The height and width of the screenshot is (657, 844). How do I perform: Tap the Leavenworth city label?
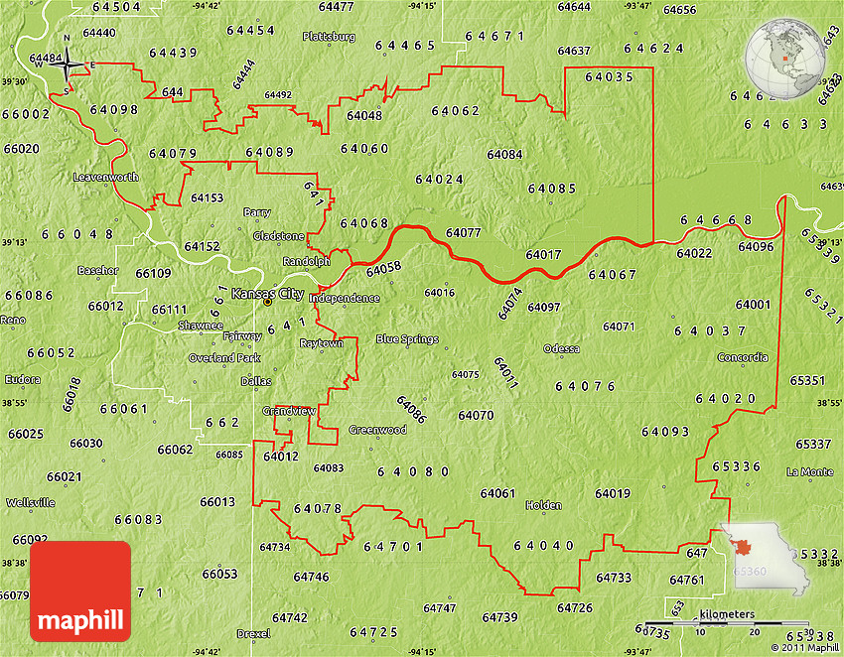106,177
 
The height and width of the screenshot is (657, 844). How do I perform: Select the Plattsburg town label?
329,36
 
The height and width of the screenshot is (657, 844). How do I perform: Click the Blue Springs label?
407,339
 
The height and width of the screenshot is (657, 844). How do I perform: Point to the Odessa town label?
562,348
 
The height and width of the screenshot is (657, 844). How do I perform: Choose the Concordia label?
743,357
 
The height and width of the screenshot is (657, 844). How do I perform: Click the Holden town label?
543,504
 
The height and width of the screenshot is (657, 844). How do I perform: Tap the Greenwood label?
377,430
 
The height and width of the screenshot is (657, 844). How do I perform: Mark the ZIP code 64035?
609,76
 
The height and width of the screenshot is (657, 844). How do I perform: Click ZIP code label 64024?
439,180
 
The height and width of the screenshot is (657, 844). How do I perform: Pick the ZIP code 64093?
665,432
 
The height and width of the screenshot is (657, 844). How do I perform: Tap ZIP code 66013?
217,502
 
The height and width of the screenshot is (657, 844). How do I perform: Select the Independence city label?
344,298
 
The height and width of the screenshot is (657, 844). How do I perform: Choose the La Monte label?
810,471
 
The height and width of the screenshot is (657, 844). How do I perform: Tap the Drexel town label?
253,633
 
